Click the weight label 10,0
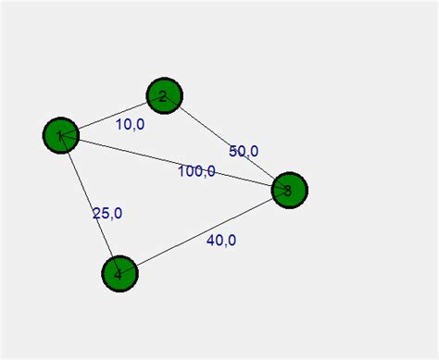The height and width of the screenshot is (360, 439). (x=130, y=124)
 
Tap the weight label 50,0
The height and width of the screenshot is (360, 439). (x=244, y=152)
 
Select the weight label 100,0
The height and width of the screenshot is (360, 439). (x=196, y=170)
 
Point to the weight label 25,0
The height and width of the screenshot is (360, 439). (x=107, y=213)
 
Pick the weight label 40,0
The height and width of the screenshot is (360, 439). (x=221, y=241)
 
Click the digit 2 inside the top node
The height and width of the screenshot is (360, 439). (x=162, y=95)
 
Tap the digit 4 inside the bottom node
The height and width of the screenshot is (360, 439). (x=118, y=274)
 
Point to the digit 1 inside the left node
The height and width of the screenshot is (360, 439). (x=60, y=137)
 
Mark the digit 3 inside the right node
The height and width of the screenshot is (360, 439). (x=287, y=191)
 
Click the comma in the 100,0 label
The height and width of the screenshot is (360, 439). (x=204, y=175)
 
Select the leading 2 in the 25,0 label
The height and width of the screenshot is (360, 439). (x=96, y=213)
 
